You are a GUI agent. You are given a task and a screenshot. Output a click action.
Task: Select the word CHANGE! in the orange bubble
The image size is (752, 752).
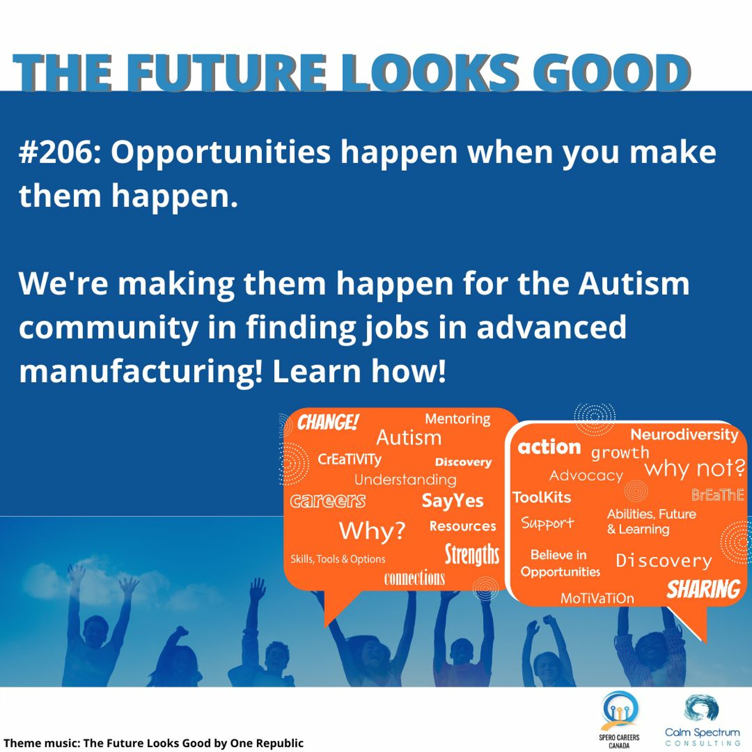tap(327, 422)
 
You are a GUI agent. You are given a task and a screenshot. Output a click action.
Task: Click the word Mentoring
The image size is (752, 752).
tap(457, 419)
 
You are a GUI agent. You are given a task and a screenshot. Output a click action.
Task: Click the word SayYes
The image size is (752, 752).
tap(452, 501)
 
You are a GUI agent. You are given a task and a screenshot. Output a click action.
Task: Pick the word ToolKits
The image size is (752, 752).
tap(542, 497)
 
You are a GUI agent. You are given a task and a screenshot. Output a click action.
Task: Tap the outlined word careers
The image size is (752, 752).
tap(328, 501)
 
